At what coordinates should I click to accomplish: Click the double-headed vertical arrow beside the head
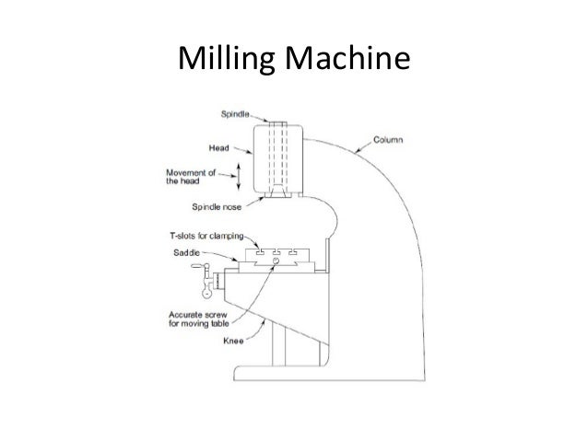click(237, 175)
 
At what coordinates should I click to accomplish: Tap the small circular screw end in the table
click(276, 262)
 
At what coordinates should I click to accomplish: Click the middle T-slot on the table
click(276, 251)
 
